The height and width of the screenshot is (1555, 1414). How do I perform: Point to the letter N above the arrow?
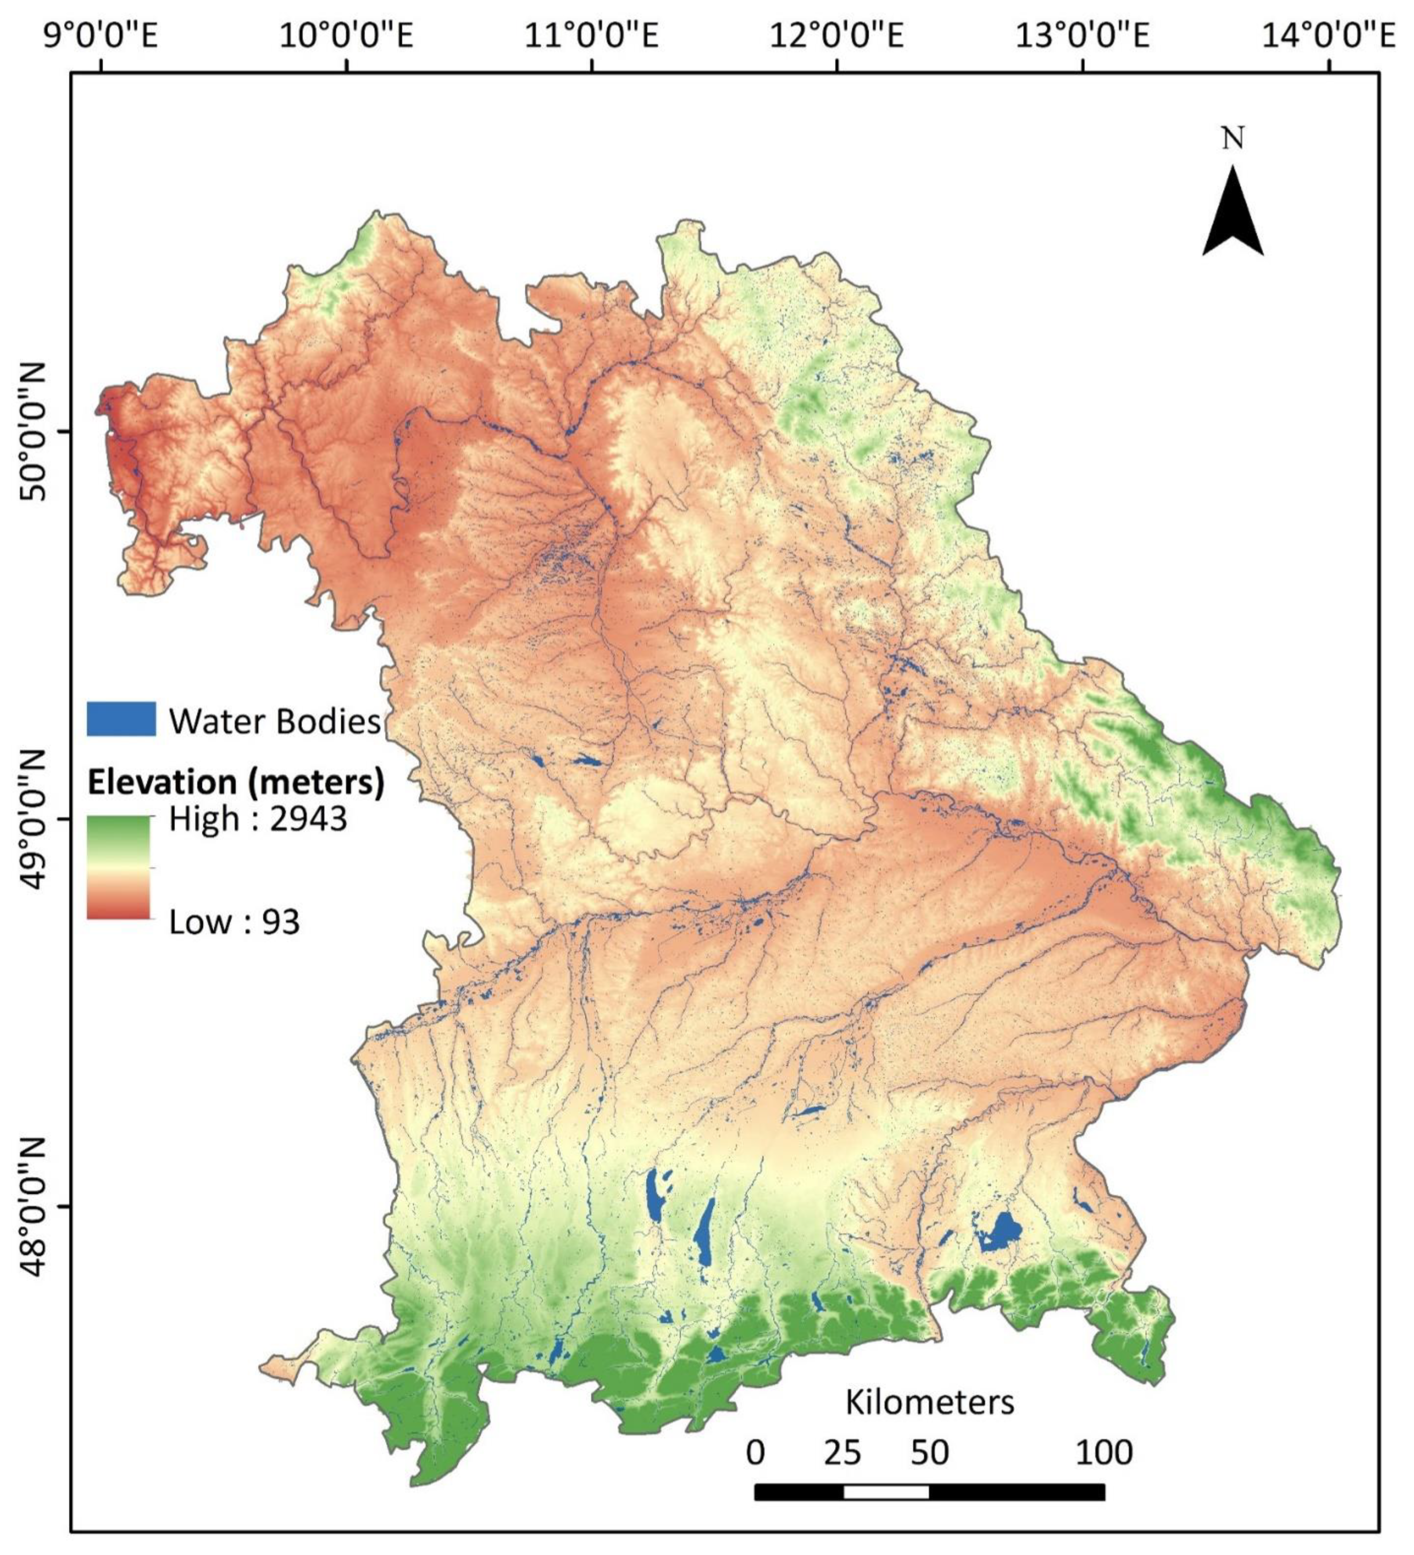pos(1233,139)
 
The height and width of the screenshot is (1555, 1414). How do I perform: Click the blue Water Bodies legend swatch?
pos(121,719)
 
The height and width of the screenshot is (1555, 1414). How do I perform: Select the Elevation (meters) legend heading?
pos(235,782)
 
